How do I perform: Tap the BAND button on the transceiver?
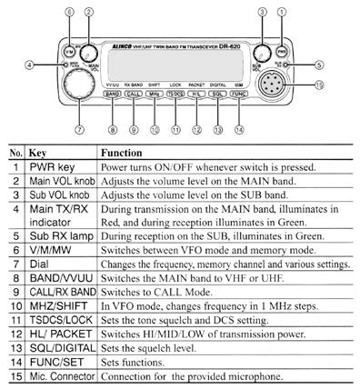(113, 94)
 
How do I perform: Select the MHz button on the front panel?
(155, 94)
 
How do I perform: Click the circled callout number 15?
(317, 85)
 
